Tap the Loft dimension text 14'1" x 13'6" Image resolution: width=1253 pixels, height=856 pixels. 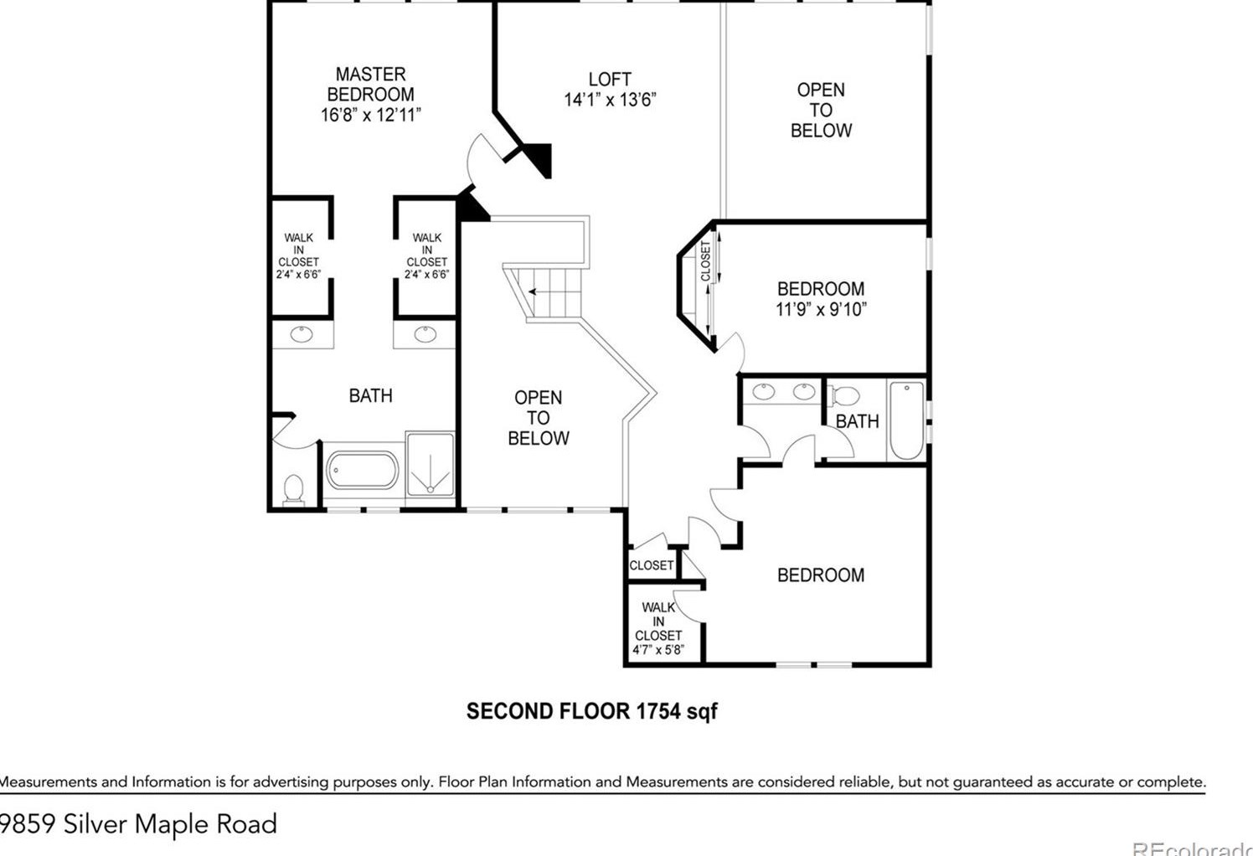pos(610,100)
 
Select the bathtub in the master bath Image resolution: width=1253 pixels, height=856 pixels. pos(362,471)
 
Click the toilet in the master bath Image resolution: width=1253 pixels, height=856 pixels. pos(293,489)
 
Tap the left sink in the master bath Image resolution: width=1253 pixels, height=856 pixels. pos(302,335)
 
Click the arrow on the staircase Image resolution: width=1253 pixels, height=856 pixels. pos(533,291)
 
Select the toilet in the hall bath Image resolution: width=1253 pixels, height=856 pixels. pos(846,395)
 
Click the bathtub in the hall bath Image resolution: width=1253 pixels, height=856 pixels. pos(906,420)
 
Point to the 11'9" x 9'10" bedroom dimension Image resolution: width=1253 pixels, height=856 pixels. pos(821,309)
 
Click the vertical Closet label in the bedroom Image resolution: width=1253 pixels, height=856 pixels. pos(706,261)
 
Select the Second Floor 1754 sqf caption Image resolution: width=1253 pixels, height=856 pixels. pos(591,711)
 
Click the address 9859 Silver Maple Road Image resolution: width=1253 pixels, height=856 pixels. pos(139,824)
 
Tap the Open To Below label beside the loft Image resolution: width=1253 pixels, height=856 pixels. pos(821,110)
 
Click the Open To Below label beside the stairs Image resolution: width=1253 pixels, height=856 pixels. pos(539,418)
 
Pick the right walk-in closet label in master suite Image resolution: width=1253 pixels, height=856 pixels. pos(426,256)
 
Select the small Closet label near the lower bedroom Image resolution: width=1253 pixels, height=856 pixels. pos(652,565)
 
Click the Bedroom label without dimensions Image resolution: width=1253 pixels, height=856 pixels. pos(821,575)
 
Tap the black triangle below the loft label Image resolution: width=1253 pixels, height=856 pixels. pos(539,157)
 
